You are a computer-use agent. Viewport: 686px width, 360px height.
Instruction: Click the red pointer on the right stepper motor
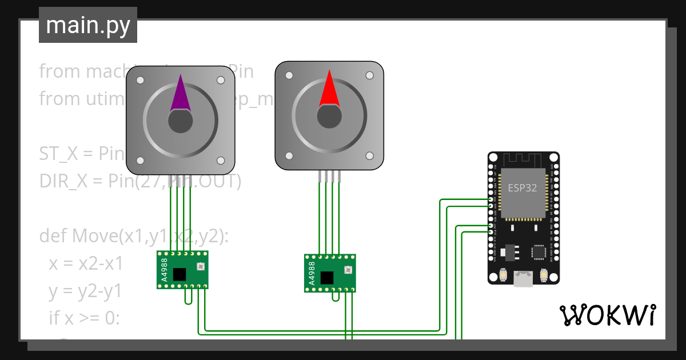tap(329, 90)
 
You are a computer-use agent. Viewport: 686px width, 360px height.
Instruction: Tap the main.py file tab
tap(88, 25)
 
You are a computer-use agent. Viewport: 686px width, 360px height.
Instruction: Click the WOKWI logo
tap(607, 315)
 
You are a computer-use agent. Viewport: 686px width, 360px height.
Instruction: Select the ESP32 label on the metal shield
tap(523, 187)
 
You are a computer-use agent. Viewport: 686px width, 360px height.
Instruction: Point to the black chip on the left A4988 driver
tap(180, 274)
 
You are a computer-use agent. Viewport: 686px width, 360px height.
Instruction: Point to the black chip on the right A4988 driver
tap(327, 278)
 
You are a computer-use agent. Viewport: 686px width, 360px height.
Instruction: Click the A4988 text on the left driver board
tap(165, 270)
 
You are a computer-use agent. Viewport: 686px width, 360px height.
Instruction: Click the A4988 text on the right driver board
tap(312, 273)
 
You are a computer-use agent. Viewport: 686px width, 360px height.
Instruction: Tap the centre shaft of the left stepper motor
tap(181, 121)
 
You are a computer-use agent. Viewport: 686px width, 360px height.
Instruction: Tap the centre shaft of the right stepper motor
tap(329, 116)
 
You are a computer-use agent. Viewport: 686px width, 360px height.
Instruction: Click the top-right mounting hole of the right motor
tap(369, 75)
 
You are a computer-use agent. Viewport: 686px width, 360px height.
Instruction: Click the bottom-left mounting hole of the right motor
tap(289, 155)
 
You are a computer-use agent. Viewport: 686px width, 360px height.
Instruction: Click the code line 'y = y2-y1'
tap(85, 291)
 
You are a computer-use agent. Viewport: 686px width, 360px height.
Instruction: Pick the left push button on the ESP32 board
tap(502, 275)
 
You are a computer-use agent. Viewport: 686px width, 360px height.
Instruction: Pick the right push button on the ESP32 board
tap(544, 275)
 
